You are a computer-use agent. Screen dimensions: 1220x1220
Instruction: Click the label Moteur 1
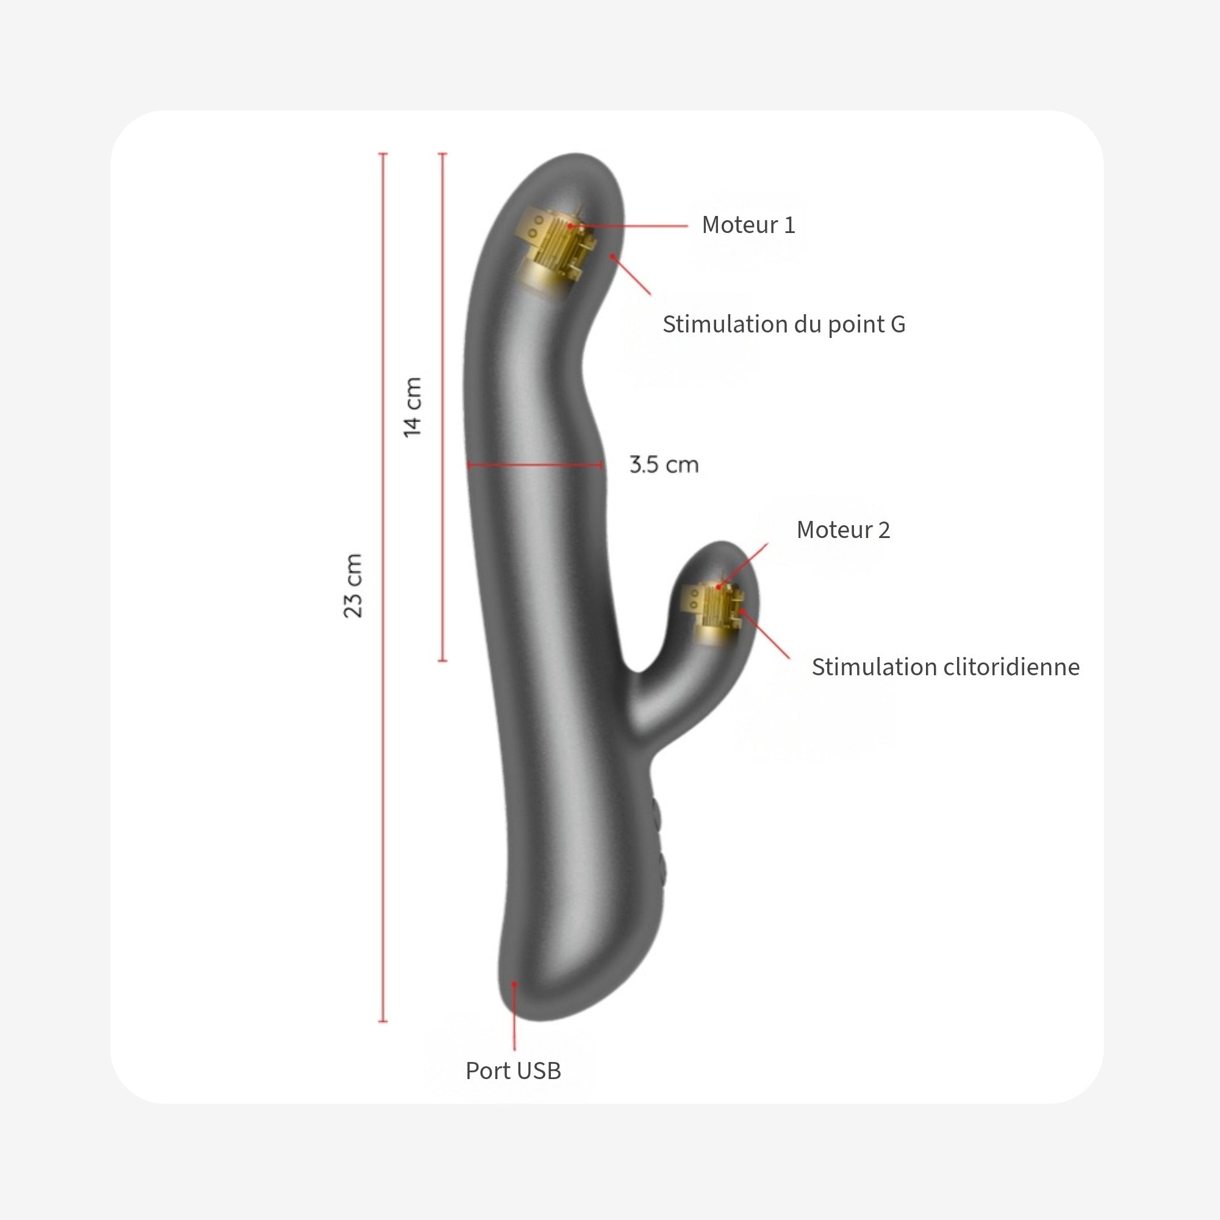tap(748, 225)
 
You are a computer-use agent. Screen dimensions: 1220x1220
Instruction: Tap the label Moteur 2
tap(843, 530)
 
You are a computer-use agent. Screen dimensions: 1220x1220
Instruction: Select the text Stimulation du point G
tap(784, 325)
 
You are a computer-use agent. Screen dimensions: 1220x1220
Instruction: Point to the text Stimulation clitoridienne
tap(945, 667)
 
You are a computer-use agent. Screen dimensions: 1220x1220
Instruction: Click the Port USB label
tap(513, 1071)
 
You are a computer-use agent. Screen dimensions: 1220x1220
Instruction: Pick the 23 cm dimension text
tap(353, 586)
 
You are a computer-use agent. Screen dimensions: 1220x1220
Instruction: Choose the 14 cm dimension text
tap(412, 407)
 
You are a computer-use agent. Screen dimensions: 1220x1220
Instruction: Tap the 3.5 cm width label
tap(664, 465)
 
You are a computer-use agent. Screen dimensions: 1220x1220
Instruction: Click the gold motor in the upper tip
tap(556, 249)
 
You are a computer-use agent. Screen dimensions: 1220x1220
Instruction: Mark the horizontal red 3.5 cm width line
tap(534, 465)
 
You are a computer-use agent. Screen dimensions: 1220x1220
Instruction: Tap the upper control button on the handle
tap(657, 814)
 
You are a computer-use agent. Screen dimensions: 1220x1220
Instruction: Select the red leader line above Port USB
tap(515, 1017)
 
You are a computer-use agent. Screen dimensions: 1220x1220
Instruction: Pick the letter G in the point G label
tap(897, 325)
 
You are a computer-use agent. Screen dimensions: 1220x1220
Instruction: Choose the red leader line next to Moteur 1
tap(631, 226)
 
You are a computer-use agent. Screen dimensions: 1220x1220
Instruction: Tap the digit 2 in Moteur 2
tap(884, 530)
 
